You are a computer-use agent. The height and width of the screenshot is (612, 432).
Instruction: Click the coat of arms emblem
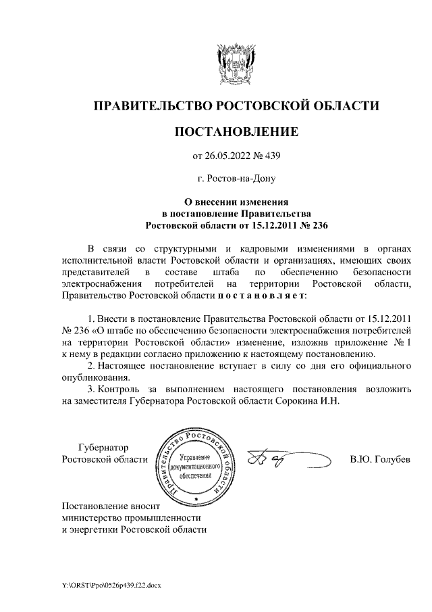pos(236,62)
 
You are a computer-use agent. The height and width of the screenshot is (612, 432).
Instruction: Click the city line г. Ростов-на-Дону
pos(236,179)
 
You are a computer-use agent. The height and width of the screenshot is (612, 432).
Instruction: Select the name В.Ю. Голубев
pos(380,460)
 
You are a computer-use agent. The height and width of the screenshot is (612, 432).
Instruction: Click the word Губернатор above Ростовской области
pos(104,447)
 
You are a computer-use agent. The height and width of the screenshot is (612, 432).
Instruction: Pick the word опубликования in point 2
pos(92,378)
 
